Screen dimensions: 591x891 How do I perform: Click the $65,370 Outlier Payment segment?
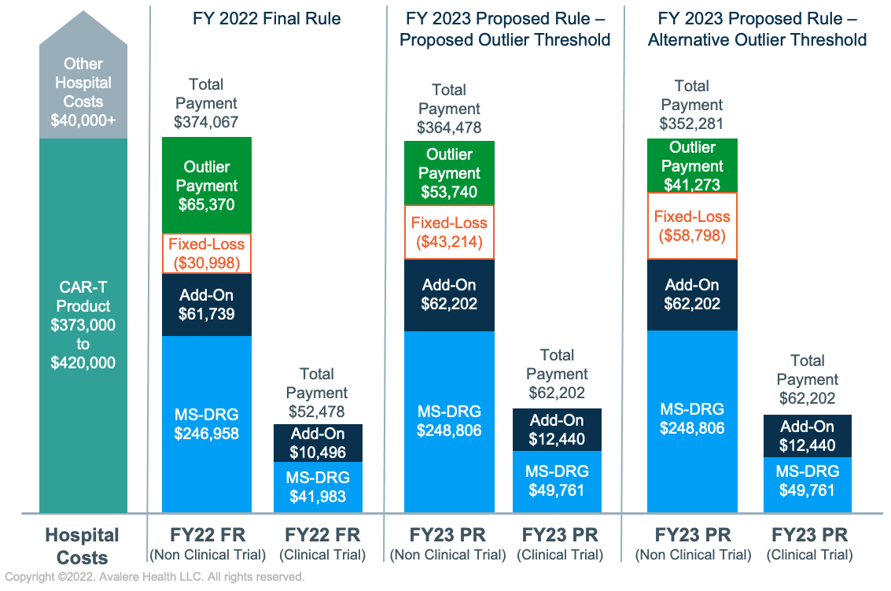(206, 186)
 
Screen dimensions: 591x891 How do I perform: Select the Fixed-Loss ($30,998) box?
(206, 253)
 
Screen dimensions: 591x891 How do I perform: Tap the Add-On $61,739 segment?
(206, 305)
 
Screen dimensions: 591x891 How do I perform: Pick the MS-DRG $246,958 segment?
(206, 423)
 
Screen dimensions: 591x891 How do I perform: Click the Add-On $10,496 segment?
(318, 443)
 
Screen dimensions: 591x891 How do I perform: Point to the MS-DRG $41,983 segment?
(318, 488)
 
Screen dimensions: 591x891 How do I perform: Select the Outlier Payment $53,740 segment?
(449, 173)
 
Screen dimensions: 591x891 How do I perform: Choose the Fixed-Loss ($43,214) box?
(449, 232)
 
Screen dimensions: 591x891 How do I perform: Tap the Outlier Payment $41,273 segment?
(692, 165)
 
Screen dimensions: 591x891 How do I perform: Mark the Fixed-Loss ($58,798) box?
(692, 226)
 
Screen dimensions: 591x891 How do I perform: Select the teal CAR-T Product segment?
(83, 331)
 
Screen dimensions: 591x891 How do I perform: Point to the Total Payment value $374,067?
(206, 122)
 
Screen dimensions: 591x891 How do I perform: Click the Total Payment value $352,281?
(692, 124)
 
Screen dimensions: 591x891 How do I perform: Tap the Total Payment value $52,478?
(317, 412)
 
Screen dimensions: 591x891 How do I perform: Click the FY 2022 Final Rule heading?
(267, 18)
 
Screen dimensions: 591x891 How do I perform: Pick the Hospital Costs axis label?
(83, 546)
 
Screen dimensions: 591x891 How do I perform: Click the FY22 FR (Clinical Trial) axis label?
(322, 544)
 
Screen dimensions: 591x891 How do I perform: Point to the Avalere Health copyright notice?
(153, 578)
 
